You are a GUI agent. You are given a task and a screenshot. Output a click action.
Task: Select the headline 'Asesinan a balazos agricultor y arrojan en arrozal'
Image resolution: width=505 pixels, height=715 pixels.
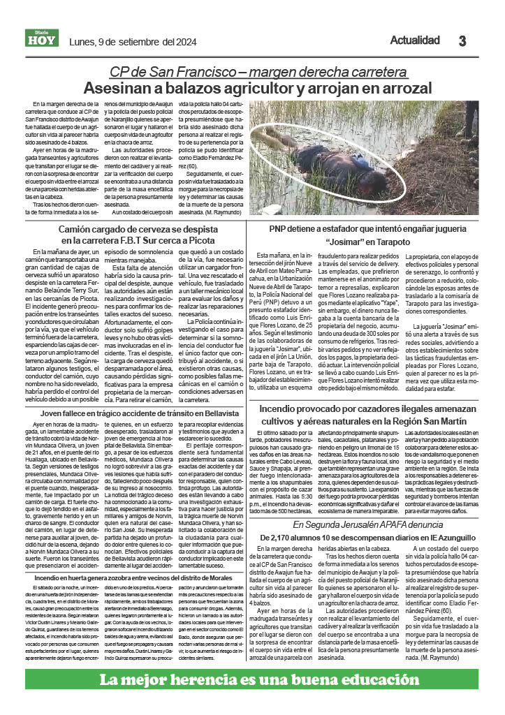[257, 88]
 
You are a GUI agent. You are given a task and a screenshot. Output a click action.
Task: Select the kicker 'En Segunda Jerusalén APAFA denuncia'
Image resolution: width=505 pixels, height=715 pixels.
[368, 524]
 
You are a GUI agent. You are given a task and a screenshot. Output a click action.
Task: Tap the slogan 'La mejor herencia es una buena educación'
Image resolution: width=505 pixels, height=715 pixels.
[254, 680]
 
